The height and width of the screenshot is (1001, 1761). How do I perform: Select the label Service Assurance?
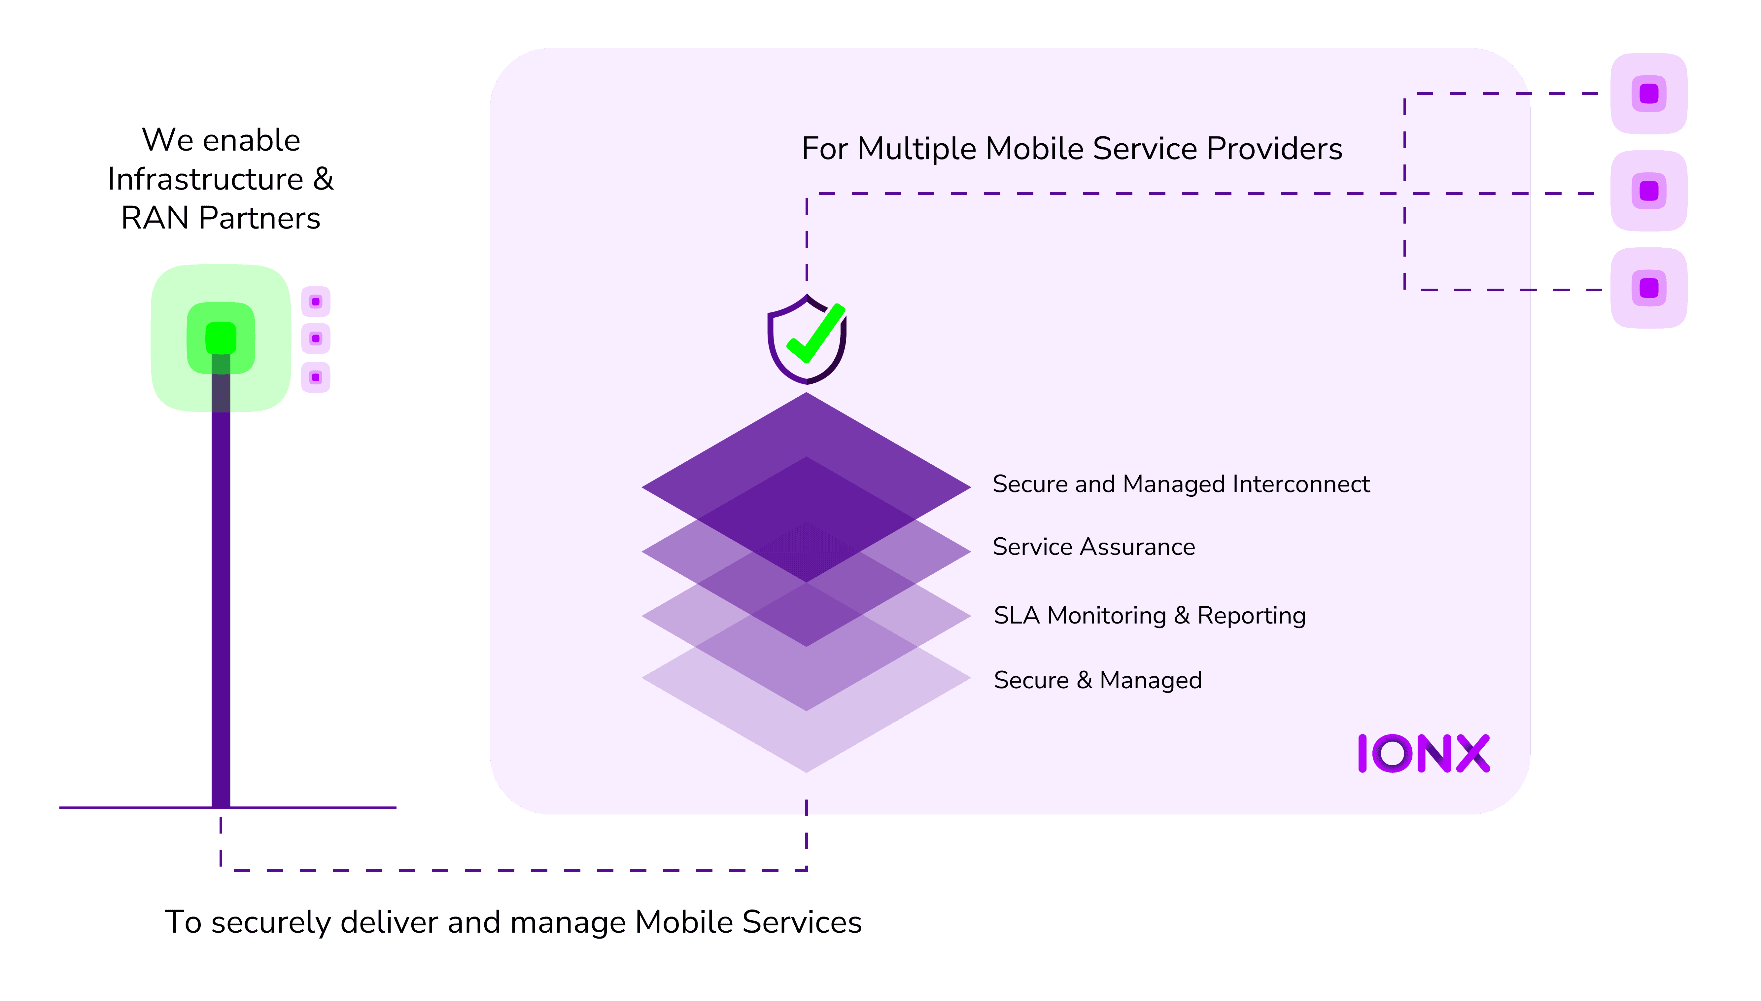coord(1094,547)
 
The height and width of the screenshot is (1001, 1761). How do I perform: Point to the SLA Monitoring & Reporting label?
coord(1150,615)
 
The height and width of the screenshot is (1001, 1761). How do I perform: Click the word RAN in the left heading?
coord(155,219)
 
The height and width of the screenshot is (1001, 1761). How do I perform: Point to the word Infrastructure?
coord(205,179)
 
